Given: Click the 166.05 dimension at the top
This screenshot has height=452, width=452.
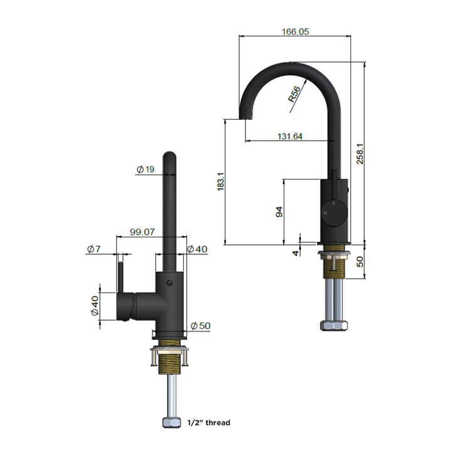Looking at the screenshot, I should pyautogui.click(x=294, y=31).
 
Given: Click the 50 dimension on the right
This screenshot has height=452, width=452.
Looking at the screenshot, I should pyautogui.click(x=360, y=261).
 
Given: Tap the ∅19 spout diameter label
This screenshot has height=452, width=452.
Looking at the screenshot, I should pyautogui.click(x=145, y=169).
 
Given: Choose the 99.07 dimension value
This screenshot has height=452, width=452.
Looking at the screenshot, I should pyautogui.click(x=143, y=232).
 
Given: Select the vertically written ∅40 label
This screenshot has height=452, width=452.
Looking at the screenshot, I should pyautogui.click(x=95, y=305).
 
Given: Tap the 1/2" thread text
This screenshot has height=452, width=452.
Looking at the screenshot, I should pyautogui.click(x=210, y=422).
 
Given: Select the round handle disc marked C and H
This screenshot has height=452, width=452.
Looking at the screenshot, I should pyautogui.click(x=331, y=211).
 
